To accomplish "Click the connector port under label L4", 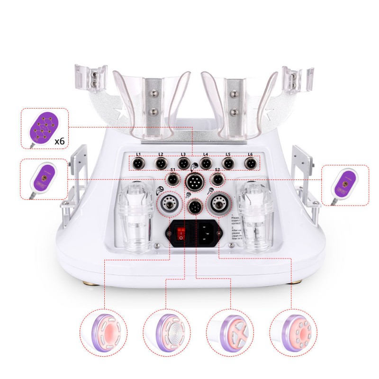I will (x=206, y=164).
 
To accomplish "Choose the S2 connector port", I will (x=217, y=180).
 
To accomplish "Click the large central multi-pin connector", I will (x=194, y=181).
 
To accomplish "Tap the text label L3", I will (x=183, y=154).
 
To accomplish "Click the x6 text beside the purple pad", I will (x=59, y=141).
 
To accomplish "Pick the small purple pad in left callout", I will (x=43, y=178).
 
